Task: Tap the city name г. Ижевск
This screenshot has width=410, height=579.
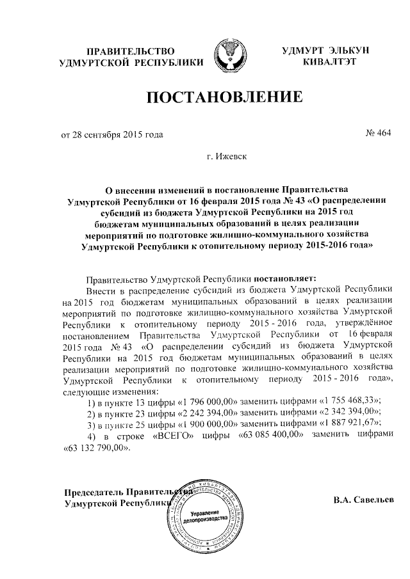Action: (x=226, y=155)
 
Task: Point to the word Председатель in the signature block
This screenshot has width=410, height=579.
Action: (x=94, y=492)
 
